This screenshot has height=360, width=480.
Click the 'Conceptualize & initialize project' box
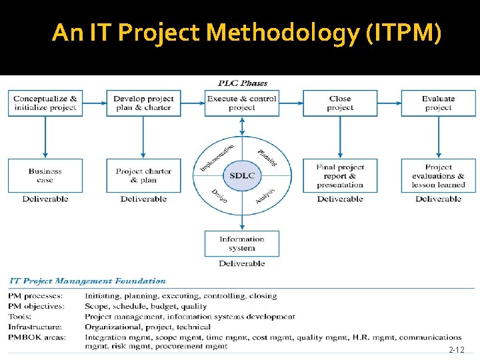45,103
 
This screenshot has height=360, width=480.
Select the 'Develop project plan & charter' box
143,103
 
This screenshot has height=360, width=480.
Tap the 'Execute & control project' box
241,103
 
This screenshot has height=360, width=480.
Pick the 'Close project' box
340,103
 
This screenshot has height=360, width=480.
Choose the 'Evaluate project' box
438,103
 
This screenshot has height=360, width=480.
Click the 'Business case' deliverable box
45,175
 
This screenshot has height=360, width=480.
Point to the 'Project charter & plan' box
143,175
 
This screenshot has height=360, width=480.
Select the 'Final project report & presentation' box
340,175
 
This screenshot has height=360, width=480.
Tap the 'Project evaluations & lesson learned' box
438,175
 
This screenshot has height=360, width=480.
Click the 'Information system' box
241,243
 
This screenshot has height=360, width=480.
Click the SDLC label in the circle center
242,175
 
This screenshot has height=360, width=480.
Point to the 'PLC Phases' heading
243,83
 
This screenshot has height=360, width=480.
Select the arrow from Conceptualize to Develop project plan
95,103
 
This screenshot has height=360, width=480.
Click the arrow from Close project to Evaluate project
389,103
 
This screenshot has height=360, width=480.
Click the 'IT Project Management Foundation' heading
87,281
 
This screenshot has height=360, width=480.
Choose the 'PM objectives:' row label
37,307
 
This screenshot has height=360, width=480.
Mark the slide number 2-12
456,350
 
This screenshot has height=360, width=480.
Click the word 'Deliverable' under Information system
241,264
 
